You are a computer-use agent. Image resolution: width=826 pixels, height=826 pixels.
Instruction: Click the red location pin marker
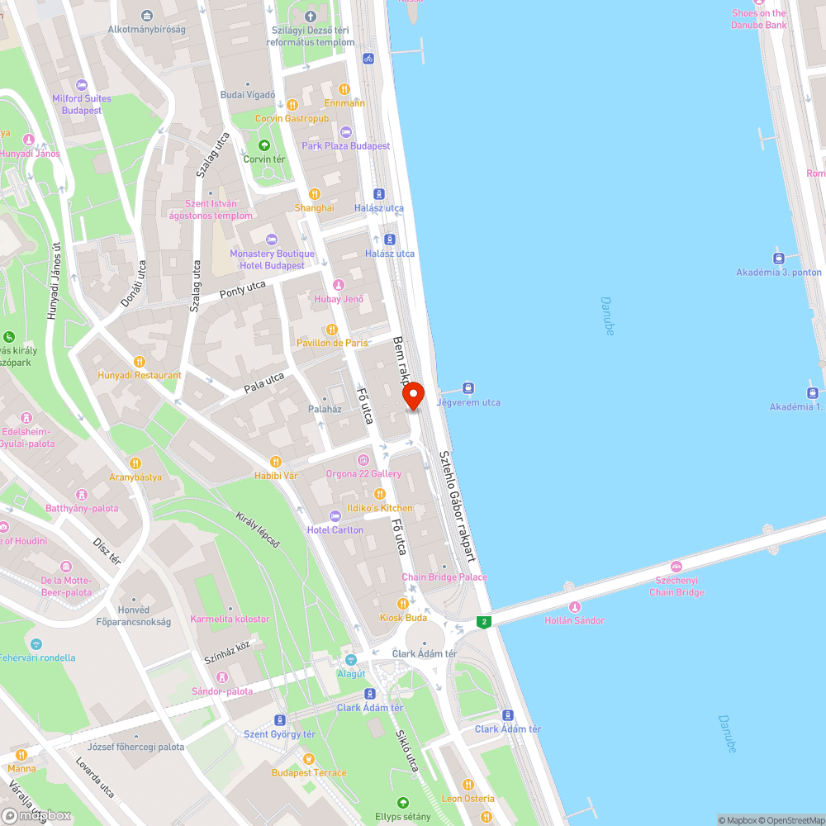[413, 396]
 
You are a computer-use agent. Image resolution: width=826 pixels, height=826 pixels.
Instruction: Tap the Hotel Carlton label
[335, 529]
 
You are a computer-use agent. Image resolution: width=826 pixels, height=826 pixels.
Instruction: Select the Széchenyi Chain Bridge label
[676, 586]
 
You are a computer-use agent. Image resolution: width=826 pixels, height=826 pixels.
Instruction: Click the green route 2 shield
[484, 621]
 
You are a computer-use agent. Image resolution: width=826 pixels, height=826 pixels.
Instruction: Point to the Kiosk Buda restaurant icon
[403, 604]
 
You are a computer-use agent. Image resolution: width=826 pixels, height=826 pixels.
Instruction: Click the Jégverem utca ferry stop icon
[468, 388]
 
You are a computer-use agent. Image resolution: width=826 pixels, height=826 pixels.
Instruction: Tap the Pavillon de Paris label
[332, 343]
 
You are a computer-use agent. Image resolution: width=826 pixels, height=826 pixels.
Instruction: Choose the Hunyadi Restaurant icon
[139, 361]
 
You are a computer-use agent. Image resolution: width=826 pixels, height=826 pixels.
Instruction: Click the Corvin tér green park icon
[263, 145]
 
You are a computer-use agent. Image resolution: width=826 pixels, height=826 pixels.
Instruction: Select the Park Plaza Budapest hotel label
[345, 146]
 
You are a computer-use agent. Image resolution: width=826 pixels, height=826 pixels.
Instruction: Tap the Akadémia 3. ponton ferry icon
[779, 258]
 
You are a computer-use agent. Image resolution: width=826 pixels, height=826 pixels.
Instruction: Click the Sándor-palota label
[221, 691]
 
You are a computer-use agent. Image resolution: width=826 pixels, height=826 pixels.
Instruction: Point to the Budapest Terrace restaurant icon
[308, 758]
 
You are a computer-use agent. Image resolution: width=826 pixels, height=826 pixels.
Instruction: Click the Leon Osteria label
[468, 798]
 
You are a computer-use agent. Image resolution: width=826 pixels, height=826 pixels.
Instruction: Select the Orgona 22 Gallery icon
[363, 460]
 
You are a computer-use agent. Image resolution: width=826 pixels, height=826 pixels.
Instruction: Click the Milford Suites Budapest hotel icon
[81, 85]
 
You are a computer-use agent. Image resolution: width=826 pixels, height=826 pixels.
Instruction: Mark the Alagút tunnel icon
[351, 660]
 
